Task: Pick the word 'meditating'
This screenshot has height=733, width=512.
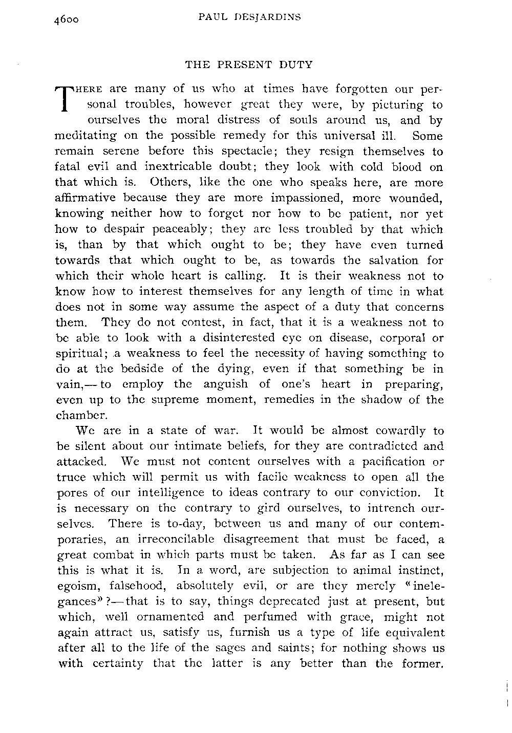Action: (82, 137)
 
